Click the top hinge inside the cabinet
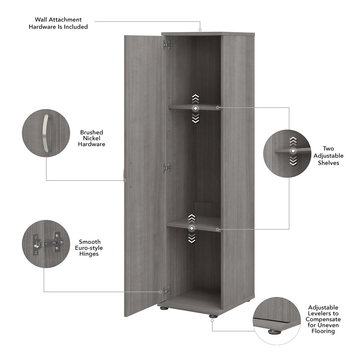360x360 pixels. pos(167,45)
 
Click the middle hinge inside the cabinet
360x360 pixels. pos(167,167)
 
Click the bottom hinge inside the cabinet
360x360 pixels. pos(167,290)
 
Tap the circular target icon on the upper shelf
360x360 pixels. pos(195,108)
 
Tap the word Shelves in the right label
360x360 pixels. pos(328,163)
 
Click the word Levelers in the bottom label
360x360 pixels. pos(323,314)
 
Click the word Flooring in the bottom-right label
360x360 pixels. pos(323,331)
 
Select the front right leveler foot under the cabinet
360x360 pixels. pos(212,316)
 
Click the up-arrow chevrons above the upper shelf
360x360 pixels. pos(195,98)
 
